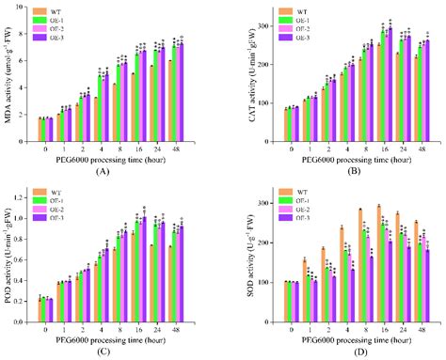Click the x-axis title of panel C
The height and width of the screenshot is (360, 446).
pos(118,337)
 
